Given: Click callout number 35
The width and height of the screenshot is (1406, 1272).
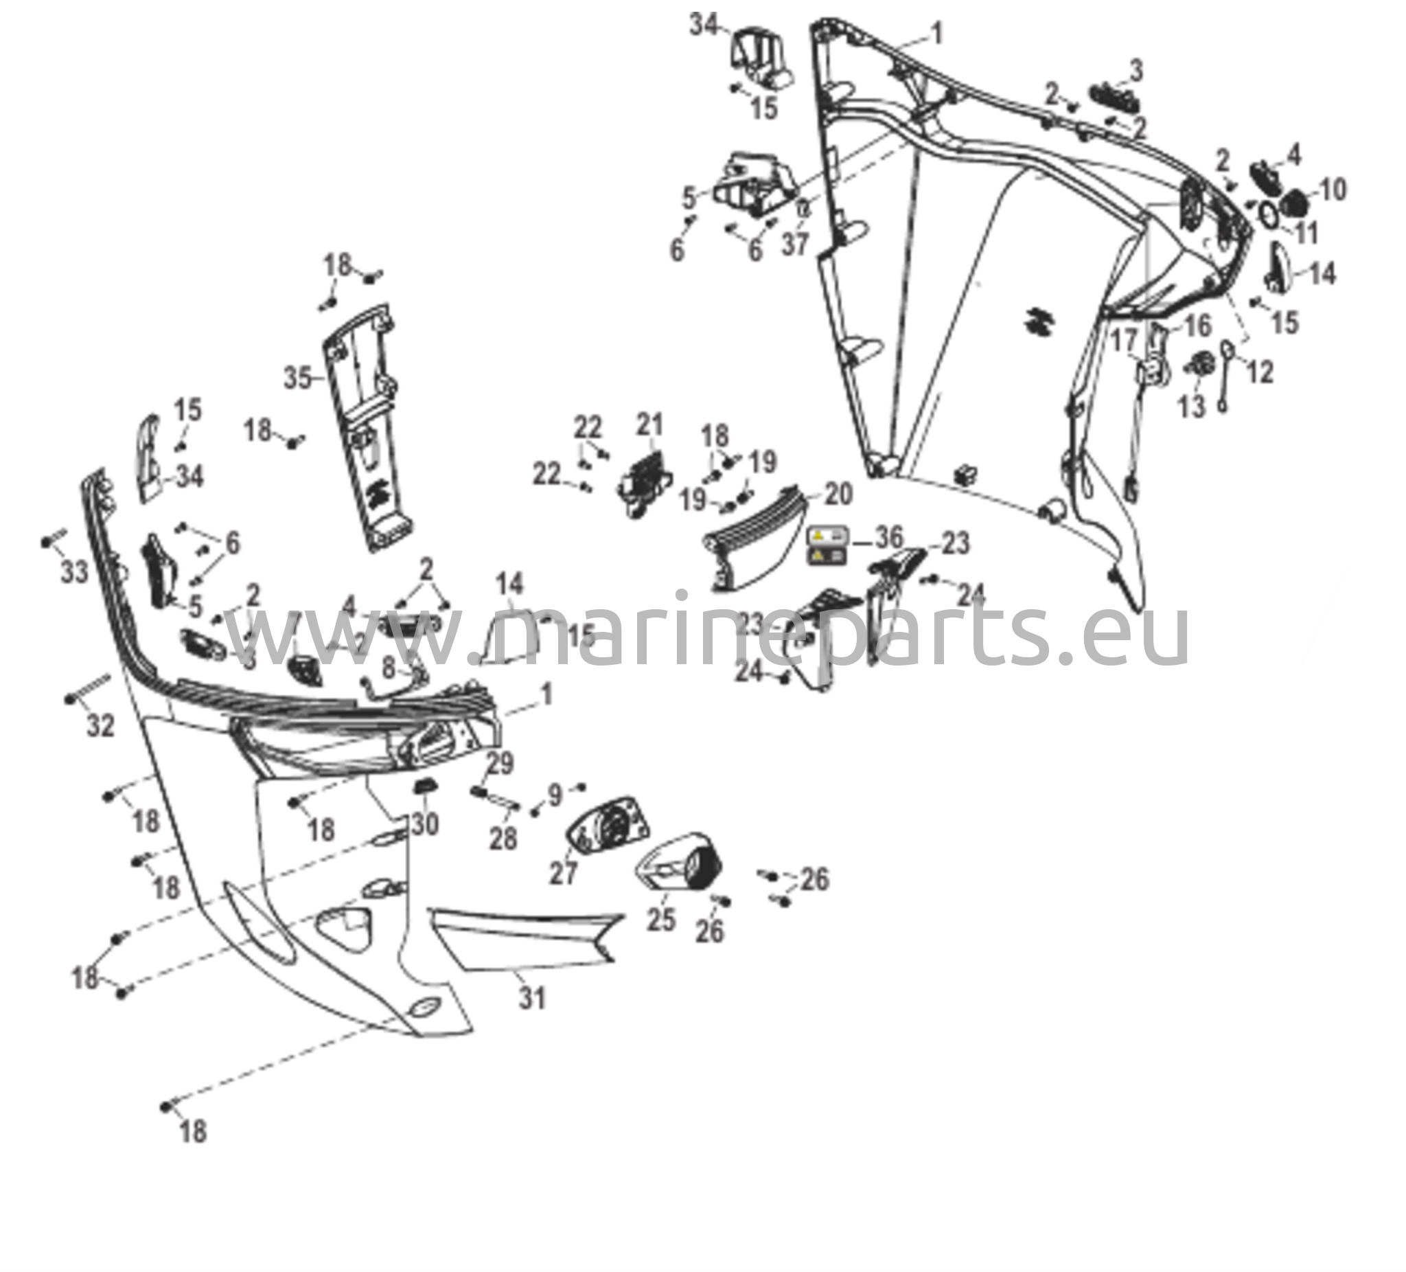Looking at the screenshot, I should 298,378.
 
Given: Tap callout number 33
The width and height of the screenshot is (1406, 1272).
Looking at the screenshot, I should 74,572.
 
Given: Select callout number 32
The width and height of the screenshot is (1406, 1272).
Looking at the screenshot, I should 100,726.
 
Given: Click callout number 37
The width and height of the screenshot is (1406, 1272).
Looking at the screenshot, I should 794,244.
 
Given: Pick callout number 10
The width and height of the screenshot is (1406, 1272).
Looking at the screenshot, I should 1333,190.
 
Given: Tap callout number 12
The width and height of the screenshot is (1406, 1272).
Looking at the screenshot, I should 1260,372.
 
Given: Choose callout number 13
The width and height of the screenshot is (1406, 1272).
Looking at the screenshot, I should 1192,406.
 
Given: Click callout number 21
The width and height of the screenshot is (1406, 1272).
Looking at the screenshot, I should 650,425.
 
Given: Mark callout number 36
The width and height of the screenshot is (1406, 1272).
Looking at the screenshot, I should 889,537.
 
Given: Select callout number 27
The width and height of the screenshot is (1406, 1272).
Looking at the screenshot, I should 564,872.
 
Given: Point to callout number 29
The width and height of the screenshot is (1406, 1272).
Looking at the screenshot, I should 499,762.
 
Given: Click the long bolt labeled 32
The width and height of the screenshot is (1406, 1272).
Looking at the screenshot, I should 90,687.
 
